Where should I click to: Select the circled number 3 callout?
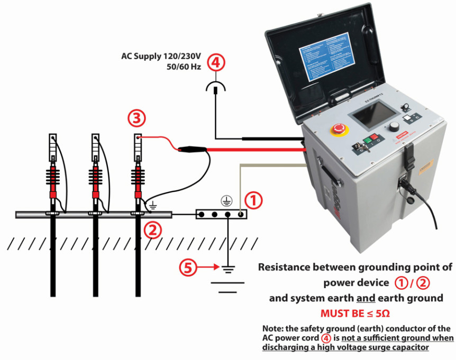tap(136, 119)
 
